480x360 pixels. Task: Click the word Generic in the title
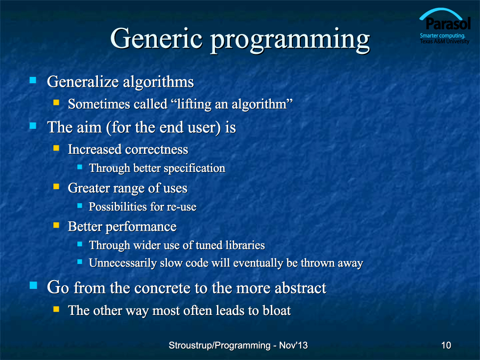(156, 39)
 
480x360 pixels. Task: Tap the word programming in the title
(290, 41)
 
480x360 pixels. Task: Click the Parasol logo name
(448, 24)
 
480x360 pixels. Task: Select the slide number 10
(446, 345)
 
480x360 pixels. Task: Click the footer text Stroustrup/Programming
(219, 345)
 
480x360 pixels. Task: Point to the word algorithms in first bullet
(158, 82)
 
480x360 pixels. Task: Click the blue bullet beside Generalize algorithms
(33, 80)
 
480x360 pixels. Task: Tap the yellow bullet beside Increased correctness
(56, 148)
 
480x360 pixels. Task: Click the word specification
(194, 168)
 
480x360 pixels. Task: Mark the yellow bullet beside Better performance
(56, 225)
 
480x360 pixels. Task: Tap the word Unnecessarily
(123, 264)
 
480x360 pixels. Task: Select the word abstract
(300, 288)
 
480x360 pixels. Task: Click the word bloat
(276, 311)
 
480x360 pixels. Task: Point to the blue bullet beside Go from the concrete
(33, 286)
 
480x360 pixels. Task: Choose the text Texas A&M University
(445, 41)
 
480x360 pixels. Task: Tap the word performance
(141, 227)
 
